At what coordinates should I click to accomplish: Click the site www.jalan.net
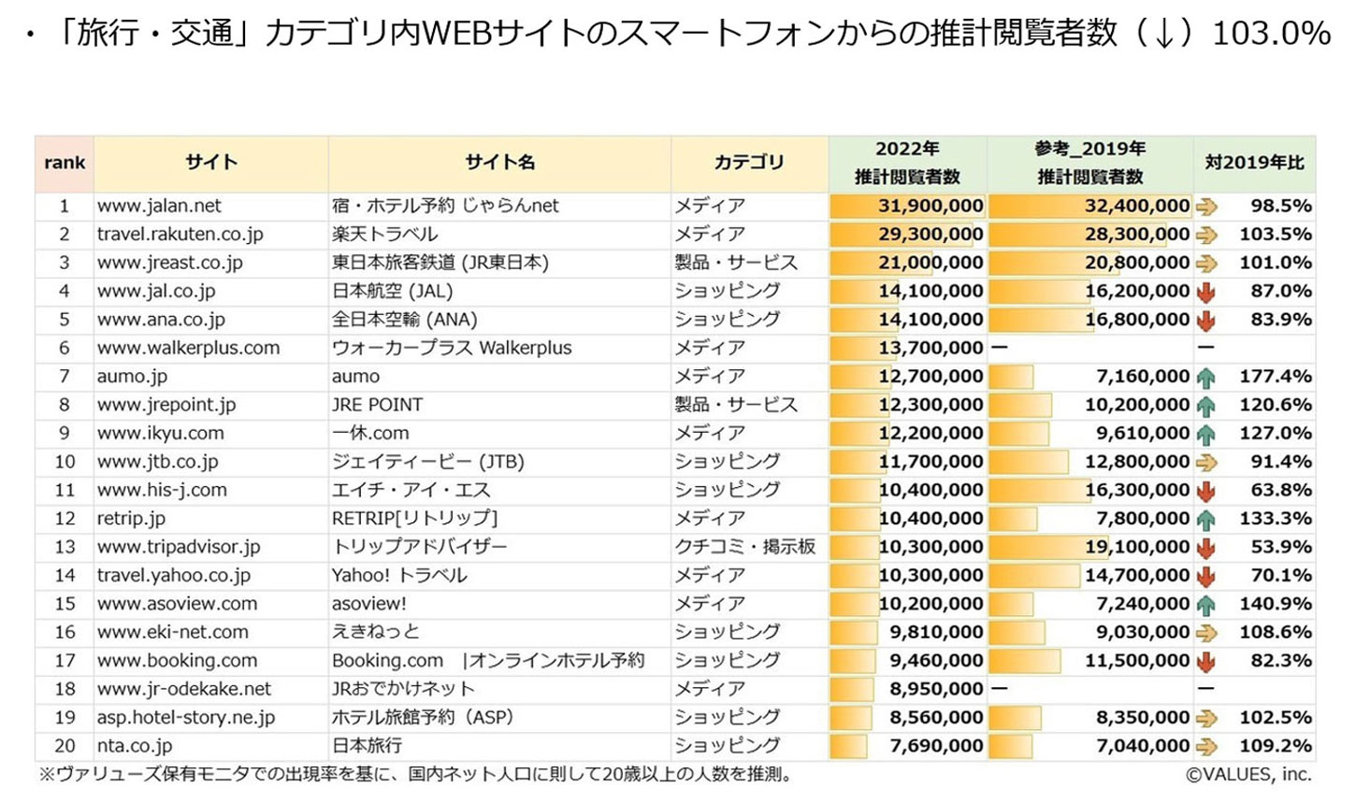tap(159, 206)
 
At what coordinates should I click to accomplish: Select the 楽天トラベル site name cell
tap(384, 234)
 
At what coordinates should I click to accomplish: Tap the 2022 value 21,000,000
tap(930, 263)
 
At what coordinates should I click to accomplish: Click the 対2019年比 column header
tap(1254, 163)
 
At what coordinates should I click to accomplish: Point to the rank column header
tap(65, 163)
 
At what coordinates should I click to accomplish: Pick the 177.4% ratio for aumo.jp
tap(1276, 377)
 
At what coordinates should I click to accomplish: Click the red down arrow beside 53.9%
tap(1206, 548)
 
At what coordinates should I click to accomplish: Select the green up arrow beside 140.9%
tap(1206, 605)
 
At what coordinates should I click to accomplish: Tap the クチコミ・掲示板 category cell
tap(745, 547)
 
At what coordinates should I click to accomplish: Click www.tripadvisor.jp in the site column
tap(179, 547)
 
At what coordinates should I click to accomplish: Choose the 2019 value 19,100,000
tap(1137, 547)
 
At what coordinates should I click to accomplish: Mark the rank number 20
tap(65, 746)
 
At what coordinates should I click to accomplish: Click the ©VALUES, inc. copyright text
tap(1248, 774)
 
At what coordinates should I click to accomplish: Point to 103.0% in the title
tap(1271, 34)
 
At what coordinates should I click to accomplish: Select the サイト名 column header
tap(500, 163)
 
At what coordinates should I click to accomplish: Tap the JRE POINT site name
tap(377, 405)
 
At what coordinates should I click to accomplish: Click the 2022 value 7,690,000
tap(936, 746)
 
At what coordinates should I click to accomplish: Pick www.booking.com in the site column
tap(177, 661)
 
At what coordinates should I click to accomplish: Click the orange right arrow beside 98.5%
tap(1206, 207)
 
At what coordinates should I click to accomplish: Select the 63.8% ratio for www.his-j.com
tap(1281, 490)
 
